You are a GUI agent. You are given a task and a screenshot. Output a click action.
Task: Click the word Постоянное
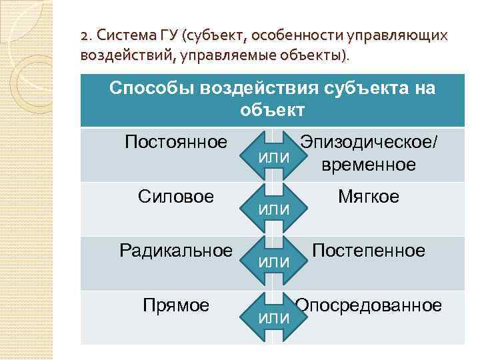(x=177, y=142)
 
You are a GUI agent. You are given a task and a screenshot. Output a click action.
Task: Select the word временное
(x=369, y=165)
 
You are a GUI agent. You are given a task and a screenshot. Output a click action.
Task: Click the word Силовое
(x=176, y=197)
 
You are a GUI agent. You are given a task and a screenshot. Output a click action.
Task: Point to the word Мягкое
(x=369, y=197)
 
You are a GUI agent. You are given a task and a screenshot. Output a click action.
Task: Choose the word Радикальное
(x=176, y=251)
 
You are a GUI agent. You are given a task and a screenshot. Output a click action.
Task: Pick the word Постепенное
(x=369, y=251)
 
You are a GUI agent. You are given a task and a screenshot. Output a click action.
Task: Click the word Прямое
(x=176, y=305)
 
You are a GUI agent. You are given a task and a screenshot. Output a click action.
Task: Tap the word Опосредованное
(x=369, y=305)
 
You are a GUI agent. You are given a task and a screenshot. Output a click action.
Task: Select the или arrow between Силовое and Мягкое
(x=273, y=209)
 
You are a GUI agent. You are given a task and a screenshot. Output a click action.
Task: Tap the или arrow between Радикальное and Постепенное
(x=273, y=263)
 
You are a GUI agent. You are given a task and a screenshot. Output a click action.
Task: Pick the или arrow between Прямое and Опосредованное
(x=273, y=317)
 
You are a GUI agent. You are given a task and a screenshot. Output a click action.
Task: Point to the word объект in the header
(x=272, y=110)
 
